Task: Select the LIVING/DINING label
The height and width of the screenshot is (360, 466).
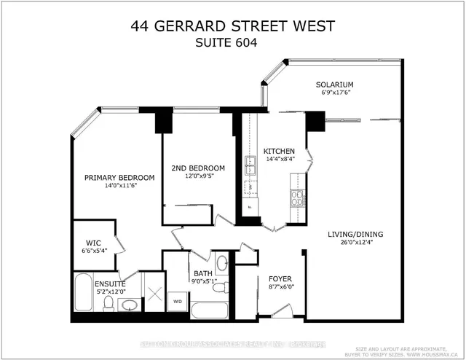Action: click(x=355, y=234)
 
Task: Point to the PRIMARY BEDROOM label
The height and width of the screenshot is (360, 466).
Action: click(x=119, y=178)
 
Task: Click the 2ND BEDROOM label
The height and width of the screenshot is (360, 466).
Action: click(x=198, y=168)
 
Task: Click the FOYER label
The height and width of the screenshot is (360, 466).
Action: click(x=280, y=278)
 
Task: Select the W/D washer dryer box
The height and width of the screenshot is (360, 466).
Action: click(x=177, y=300)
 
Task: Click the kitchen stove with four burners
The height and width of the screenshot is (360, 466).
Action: click(x=298, y=197)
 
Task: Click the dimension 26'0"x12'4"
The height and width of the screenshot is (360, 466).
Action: click(x=355, y=243)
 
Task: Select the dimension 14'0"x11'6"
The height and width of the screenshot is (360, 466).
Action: click(x=119, y=186)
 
